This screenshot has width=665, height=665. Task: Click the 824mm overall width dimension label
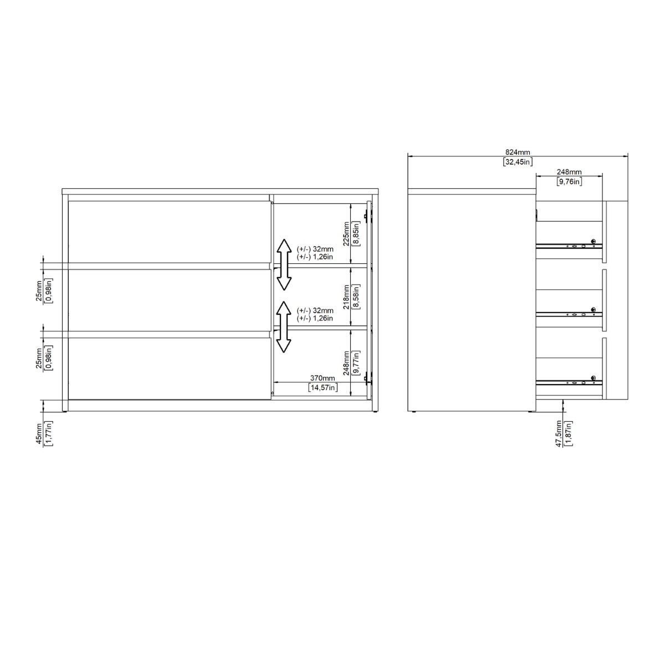(517, 152)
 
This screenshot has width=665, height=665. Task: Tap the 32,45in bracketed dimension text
(517, 161)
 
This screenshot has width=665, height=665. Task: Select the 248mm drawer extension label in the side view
(569, 172)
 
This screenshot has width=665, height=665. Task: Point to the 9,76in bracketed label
(569, 181)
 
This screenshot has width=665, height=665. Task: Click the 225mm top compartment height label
(346, 234)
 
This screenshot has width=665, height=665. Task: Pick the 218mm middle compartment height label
(346, 297)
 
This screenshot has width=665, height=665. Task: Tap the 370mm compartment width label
(323, 378)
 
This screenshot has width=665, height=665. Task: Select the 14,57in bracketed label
(323, 387)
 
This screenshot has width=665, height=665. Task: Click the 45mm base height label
(39, 434)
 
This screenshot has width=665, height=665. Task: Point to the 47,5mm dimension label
(559, 433)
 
